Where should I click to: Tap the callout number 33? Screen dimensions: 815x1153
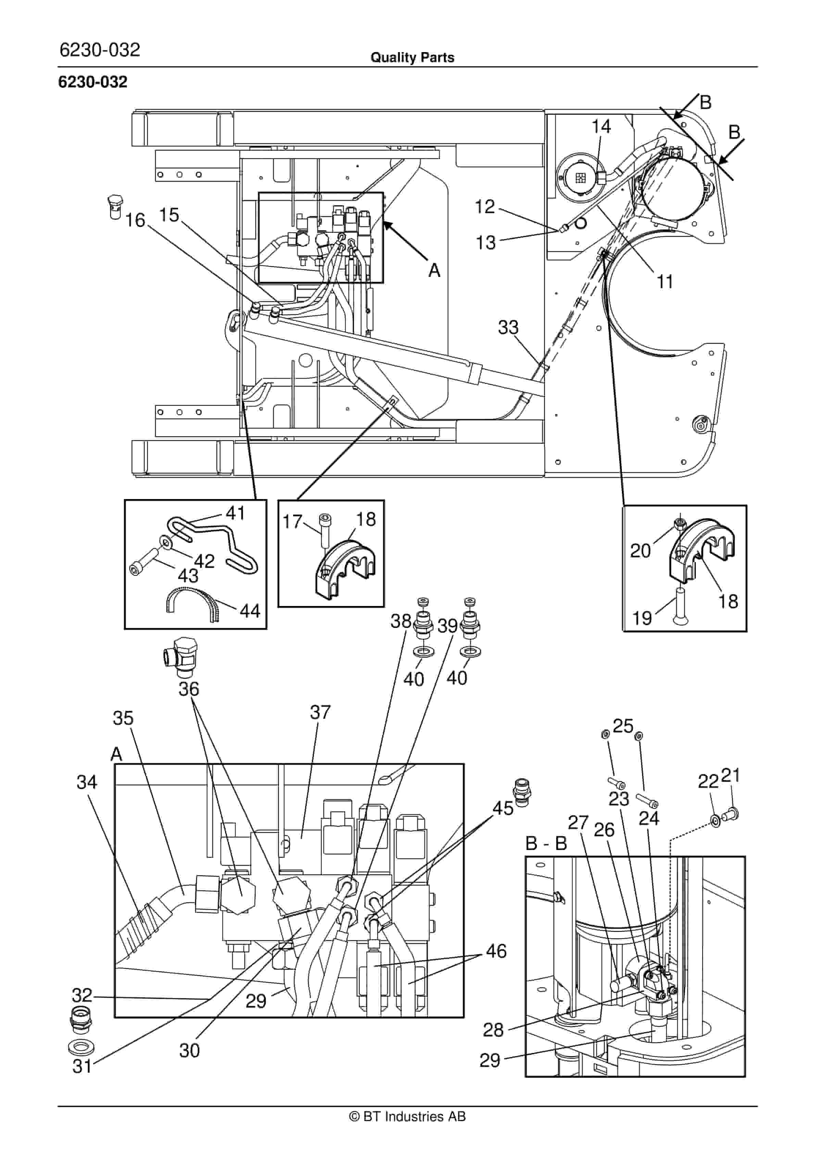coord(508,327)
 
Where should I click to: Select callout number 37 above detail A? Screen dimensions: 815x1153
coord(320,712)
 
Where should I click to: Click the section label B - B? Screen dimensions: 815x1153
coord(546,843)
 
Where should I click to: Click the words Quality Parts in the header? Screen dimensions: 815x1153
coord(413,58)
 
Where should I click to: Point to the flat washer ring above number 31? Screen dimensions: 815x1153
coord(80,1048)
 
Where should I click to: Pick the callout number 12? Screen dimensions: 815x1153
coord(485,206)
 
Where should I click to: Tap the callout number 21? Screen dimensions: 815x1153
coord(731,776)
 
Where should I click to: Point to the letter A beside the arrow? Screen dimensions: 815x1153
coord(434,271)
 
